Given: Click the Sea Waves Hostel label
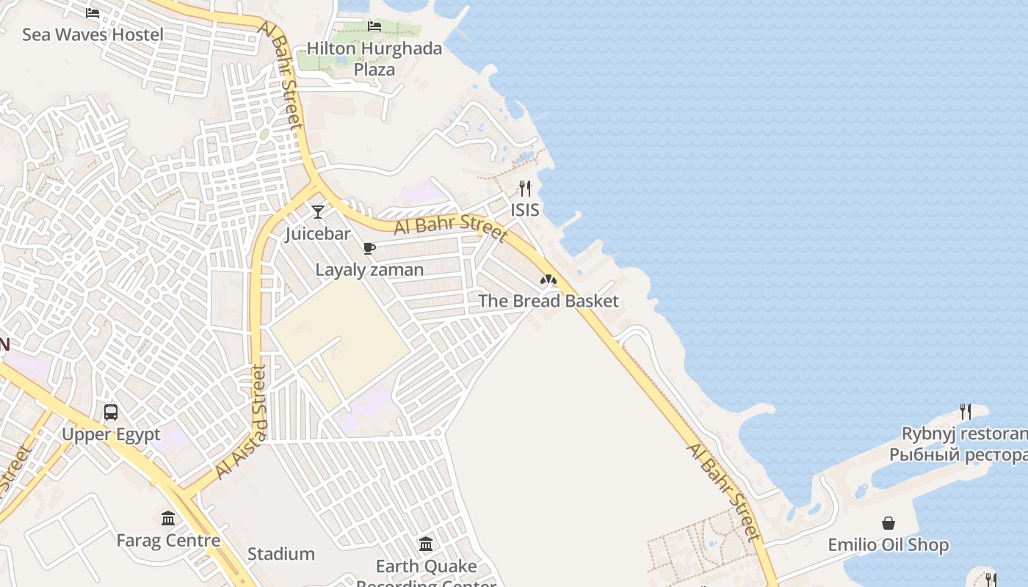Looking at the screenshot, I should pyautogui.click(x=93, y=34).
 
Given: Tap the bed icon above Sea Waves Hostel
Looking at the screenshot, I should pyautogui.click(x=93, y=13).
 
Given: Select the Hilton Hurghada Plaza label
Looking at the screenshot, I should pyautogui.click(x=374, y=59).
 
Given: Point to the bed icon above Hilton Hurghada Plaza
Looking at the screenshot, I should pyautogui.click(x=374, y=26).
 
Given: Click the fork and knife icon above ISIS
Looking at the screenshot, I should pyautogui.click(x=524, y=189).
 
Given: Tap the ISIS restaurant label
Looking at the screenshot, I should pyautogui.click(x=524, y=210).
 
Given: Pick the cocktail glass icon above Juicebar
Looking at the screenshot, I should pyautogui.click(x=318, y=212).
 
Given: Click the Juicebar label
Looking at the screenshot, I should pyautogui.click(x=318, y=234).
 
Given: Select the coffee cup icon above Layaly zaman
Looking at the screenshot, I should pyautogui.click(x=369, y=249).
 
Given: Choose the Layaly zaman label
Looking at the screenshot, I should pyautogui.click(x=369, y=270).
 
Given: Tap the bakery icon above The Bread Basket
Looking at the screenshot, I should pyautogui.click(x=548, y=280).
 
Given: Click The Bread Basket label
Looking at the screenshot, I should pyautogui.click(x=548, y=301).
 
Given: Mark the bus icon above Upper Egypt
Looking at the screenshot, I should pyautogui.click(x=111, y=412).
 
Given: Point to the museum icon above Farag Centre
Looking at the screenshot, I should pyautogui.click(x=168, y=519).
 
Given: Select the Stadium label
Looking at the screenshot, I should pyautogui.click(x=280, y=554).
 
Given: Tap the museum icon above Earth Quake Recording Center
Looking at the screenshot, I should pyautogui.click(x=426, y=544).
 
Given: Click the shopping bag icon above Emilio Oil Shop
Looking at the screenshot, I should pyautogui.click(x=888, y=523).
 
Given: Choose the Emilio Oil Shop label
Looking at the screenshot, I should pyautogui.click(x=888, y=545).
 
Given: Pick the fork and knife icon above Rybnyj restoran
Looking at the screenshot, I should pyautogui.click(x=966, y=412).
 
